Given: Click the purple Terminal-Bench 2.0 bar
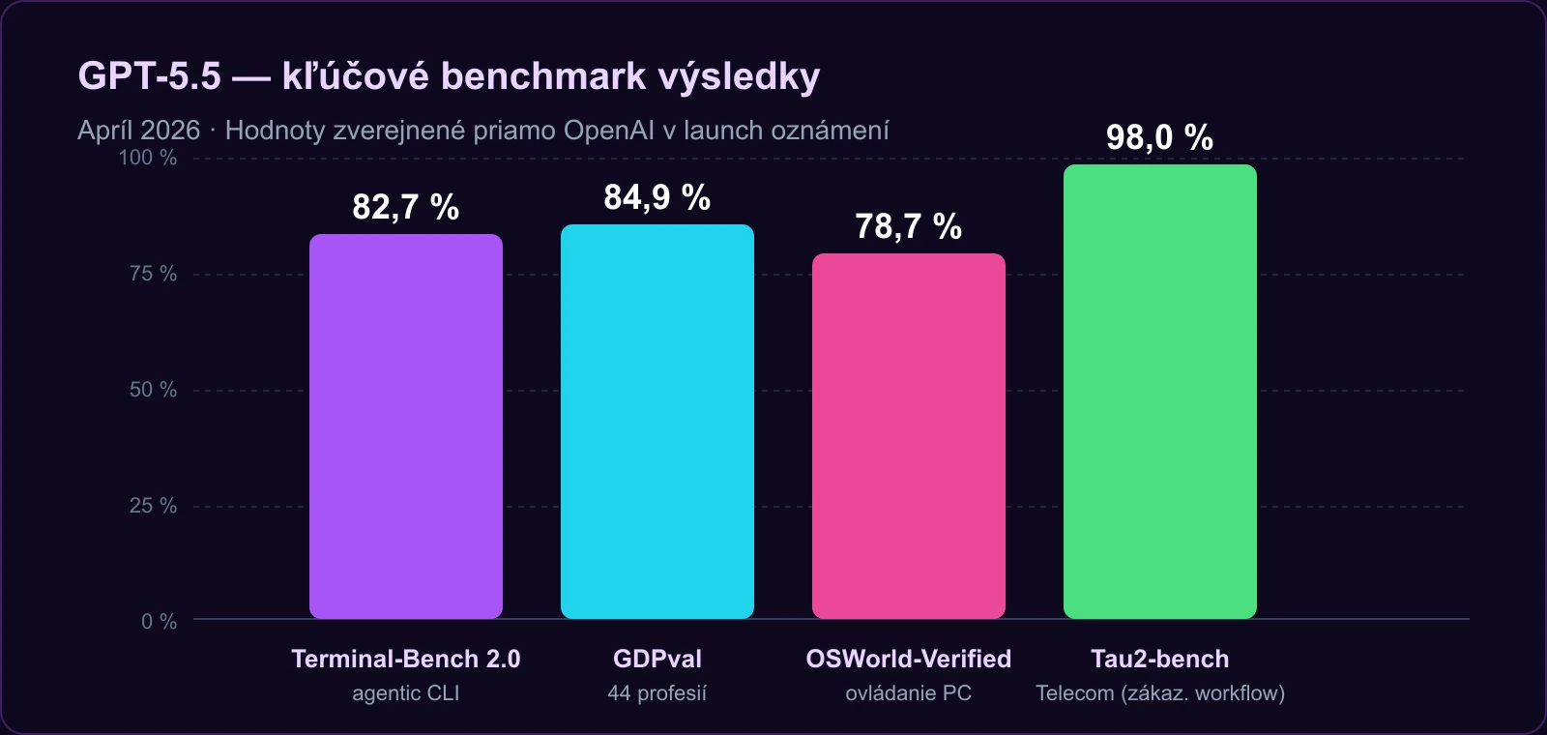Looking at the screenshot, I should (x=406, y=426).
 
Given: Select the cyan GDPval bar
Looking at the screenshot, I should (x=657, y=422).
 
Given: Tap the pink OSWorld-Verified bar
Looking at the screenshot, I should (x=909, y=435).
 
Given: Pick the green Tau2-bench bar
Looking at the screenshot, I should (x=1160, y=392).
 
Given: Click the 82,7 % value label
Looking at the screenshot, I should (x=405, y=207).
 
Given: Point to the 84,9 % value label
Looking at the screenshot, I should (x=657, y=197).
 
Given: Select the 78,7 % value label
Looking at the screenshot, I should (x=908, y=226).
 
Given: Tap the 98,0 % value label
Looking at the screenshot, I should (x=1159, y=137).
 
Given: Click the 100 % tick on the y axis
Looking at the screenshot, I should (x=148, y=158).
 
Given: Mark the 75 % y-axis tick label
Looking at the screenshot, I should (x=153, y=274).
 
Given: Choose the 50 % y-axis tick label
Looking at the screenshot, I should (x=153, y=390).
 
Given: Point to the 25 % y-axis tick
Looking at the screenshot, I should (x=153, y=506).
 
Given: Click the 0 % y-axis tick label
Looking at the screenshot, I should (x=159, y=622).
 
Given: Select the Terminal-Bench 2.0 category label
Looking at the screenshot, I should (x=405, y=659).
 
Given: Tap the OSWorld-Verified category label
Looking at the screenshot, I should (x=908, y=659).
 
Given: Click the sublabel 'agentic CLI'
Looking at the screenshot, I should (x=405, y=693).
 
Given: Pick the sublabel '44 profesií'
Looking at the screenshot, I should (x=657, y=693).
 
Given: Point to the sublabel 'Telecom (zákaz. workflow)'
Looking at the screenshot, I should (x=1159, y=693).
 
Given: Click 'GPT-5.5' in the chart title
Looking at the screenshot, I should (x=149, y=75).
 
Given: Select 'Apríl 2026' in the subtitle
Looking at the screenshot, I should (x=138, y=131).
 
